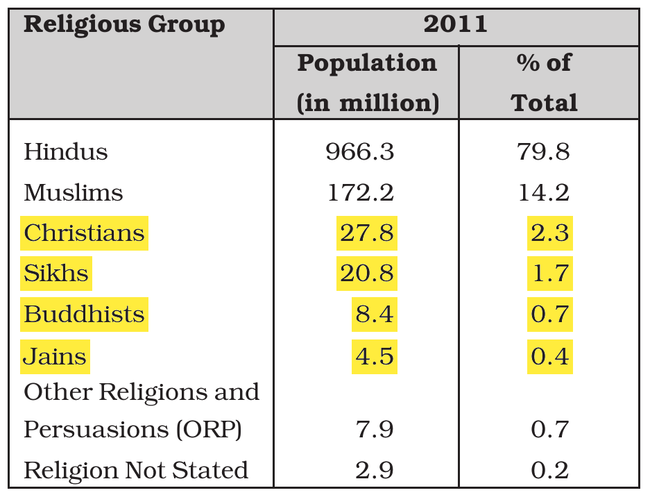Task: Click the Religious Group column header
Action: pos(124,25)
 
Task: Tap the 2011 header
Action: pos(455,24)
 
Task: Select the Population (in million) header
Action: pos(368,83)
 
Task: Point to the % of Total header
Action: pos(544,83)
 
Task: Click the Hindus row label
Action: pos(65,151)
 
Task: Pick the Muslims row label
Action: pos(74,192)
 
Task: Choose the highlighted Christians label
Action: pos(84,233)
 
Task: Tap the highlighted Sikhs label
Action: pos(56,273)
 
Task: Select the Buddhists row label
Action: pos(84,314)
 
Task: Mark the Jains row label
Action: pos(55,356)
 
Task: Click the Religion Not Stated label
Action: pos(136,470)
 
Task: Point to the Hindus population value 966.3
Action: pos(360,151)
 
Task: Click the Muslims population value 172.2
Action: pos(361,192)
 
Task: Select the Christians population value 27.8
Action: pos(367,233)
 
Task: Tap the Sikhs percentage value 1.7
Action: pos(550,273)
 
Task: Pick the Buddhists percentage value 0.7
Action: pos(550,314)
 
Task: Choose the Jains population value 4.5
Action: pos(375,356)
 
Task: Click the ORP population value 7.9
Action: pos(375,429)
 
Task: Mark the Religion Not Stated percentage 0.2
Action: pos(550,470)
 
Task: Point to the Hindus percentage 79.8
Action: pos(543,151)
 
